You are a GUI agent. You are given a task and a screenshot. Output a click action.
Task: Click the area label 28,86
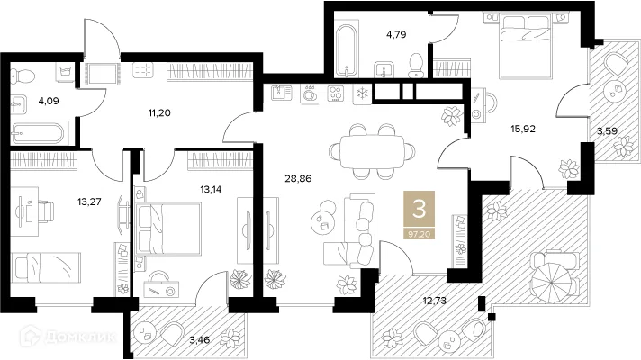coord(298,178)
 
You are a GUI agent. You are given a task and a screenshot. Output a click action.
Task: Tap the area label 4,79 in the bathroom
coord(396,35)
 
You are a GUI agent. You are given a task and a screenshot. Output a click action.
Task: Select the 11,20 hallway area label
coord(159,113)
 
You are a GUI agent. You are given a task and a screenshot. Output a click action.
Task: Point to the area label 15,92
coord(523,129)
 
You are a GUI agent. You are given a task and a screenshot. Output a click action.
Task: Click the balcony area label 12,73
coord(434,301)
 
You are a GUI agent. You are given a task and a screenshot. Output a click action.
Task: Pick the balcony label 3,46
coord(199,339)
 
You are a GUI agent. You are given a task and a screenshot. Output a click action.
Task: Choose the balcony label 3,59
coord(607,131)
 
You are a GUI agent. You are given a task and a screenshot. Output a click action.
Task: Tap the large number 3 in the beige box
coord(419,209)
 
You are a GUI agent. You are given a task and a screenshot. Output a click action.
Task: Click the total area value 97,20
coord(419,234)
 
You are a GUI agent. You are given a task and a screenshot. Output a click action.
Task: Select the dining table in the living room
coord(372,151)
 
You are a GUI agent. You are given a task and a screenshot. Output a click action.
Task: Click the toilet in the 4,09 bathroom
coord(23,76)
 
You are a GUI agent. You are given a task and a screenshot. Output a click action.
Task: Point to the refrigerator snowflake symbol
coord(362,94)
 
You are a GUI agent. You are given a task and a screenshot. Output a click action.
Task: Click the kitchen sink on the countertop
coord(282,94)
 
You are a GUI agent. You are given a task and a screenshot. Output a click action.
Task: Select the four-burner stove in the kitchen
coord(336,94)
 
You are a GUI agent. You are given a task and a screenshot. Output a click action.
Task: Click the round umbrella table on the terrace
coord(551,282)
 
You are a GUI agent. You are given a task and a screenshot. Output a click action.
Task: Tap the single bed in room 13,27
coord(45,267)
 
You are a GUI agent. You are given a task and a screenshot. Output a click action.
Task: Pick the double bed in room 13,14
coord(168,229)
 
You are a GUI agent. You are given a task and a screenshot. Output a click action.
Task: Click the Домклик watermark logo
coord(68,337)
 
